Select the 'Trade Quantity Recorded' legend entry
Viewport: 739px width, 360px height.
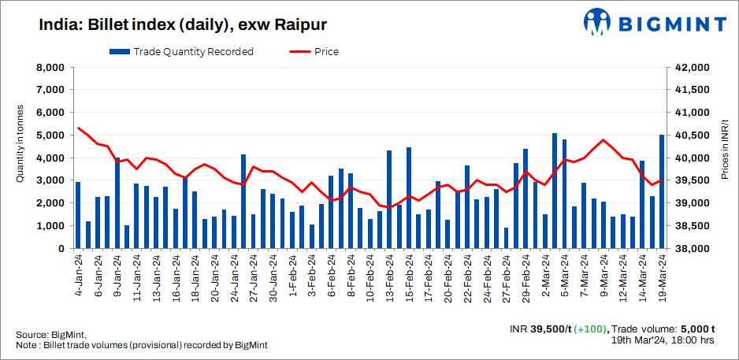[x=182, y=52]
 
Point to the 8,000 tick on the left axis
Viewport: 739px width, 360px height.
[x=50, y=68]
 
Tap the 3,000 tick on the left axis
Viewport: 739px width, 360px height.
[x=50, y=181]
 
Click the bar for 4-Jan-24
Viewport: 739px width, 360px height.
[x=78, y=215]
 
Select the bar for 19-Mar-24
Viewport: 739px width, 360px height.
[x=662, y=191]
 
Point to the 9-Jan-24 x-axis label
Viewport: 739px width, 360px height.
[x=117, y=272]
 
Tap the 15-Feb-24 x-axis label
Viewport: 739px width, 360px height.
[x=408, y=272]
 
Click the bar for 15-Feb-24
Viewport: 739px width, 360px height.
[x=409, y=198]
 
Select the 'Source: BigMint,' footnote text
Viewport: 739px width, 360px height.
[x=50, y=335]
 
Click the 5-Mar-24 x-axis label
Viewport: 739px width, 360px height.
[x=564, y=272]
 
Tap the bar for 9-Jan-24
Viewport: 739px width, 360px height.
[x=117, y=203]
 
